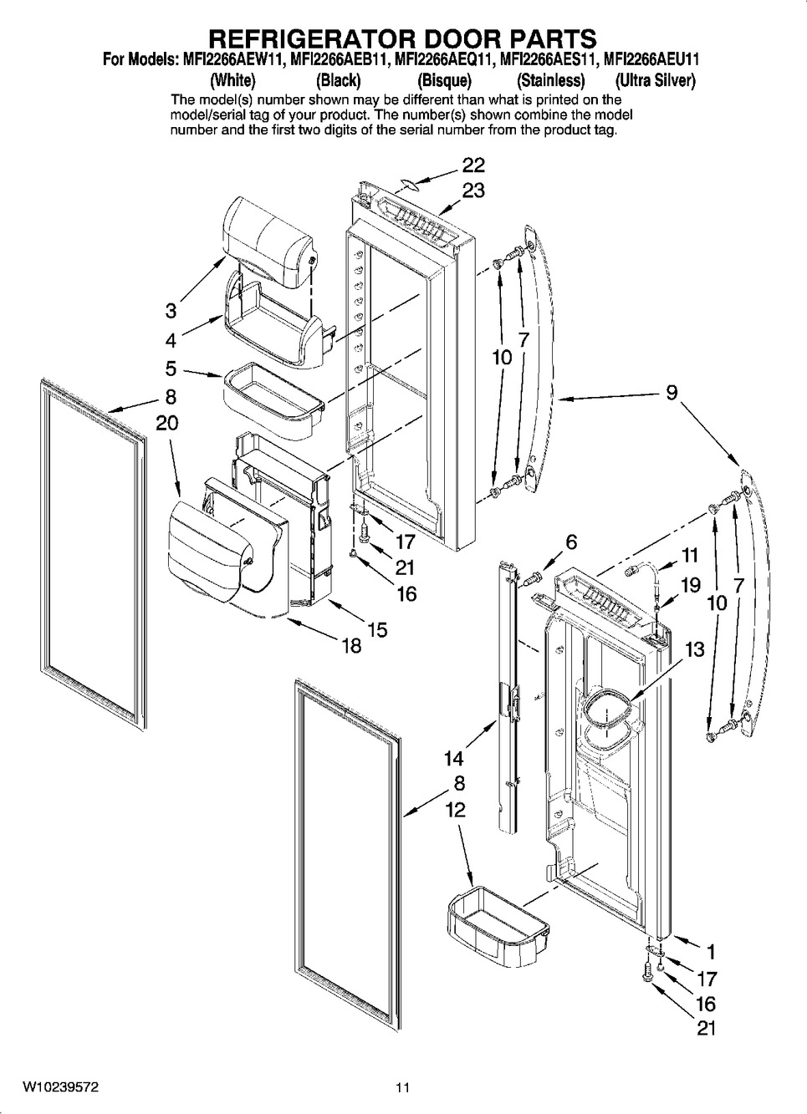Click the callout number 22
coord(472,165)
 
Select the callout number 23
coord(473,191)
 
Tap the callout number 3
coord(171,312)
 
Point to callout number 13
coord(695,649)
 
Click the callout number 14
coord(455,759)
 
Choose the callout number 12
coord(455,810)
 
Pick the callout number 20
coord(167,423)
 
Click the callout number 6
coord(572,542)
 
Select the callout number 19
coord(690,585)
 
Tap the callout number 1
coord(711,952)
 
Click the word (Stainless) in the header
coord(551,80)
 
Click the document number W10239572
coord(60,1084)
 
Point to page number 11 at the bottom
coord(403,1084)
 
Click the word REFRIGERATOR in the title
coord(305,38)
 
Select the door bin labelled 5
coord(273,401)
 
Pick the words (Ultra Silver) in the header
coord(655,80)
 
